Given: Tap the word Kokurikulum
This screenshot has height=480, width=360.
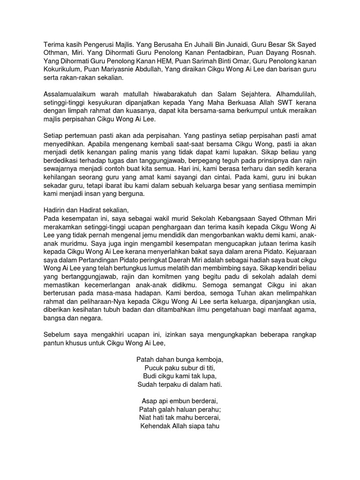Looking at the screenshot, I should (62, 70).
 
